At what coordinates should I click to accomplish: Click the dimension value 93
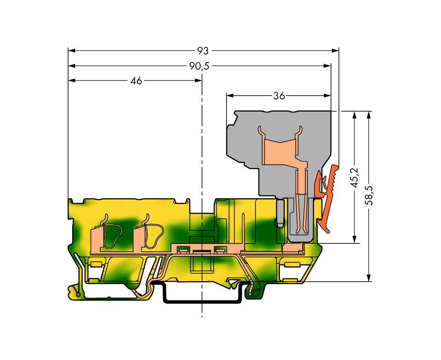pyautogui.click(x=202, y=51)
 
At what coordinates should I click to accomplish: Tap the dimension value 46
pyautogui.click(x=136, y=81)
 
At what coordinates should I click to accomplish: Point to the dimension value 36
pyautogui.click(x=279, y=96)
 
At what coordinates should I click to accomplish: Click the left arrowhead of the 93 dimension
pyautogui.click(x=72, y=51)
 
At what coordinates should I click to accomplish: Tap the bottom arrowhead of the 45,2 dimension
pyautogui.click(x=354, y=239)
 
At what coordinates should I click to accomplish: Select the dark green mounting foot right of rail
pyautogui.click(x=252, y=293)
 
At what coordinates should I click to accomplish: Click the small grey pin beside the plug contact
pyautogui.click(x=280, y=213)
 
